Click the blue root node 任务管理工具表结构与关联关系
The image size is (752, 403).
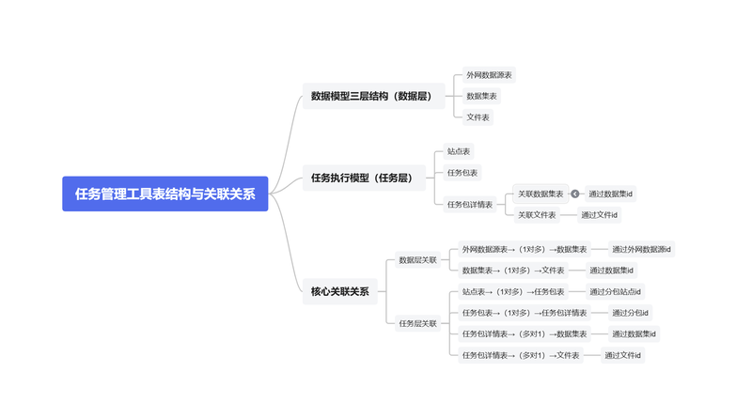pyautogui.click(x=165, y=194)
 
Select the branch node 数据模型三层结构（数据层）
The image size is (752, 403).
pyautogui.click(x=373, y=96)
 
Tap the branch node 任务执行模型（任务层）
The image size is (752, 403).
pyautogui.click(x=364, y=178)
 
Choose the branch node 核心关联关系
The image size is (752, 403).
pyautogui.click(x=340, y=291)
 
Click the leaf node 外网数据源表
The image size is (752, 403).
pyautogui.click(x=489, y=75)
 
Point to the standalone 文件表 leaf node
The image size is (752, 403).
pyautogui.click(x=478, y=116)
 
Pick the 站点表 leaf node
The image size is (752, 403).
pyautogui.click(x=459, y=151)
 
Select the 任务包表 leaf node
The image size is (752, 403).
pyautogui.click(x=462, y=173)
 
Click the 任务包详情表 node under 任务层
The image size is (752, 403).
pyautogui.click(x=470, y=205)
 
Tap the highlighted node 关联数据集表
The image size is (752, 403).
pyautogui.click(x=540, y=194)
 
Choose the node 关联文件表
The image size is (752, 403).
pyautogui.click(x=537, y=215)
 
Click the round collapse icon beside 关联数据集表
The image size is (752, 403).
pyautogui.click(x=575, y=194)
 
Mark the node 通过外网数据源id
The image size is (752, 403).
pyautogui.click(x=641, y=249)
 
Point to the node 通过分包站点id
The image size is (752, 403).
pyautogui.click(x=615, y=291)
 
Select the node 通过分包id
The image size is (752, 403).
pyautogui.click(x=630, y=313)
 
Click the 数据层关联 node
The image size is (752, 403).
pyautogui.click(x=417, y=259)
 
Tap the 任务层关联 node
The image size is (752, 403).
pyautogui.click(x=417, y=323)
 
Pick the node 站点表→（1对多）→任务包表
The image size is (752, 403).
pyautogui.click(x=513, y=291)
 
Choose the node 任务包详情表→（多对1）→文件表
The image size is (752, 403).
pyautogui.click(x=521, y=355)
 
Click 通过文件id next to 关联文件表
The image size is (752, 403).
pyautogui.click(x=599, y=215)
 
